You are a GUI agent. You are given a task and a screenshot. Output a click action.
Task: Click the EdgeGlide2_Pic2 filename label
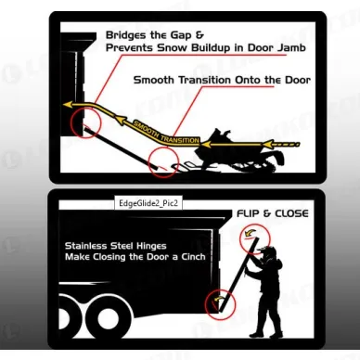coord(148,203)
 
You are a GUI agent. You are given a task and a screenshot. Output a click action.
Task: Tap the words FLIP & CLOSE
coord(273,213)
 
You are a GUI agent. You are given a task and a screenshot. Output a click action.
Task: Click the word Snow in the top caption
coord(172,48)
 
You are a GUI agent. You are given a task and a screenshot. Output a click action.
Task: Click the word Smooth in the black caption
coord(153,80)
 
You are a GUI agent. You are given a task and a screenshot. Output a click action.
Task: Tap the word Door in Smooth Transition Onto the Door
coord(298,80)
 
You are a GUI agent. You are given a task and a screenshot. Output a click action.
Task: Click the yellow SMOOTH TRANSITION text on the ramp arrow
coord(166,133)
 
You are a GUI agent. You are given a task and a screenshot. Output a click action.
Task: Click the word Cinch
coord(193,257)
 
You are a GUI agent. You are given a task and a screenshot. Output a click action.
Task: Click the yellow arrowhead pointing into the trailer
coord(68,105)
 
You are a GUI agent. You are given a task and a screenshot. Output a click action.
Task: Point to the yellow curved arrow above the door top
coord(249,233)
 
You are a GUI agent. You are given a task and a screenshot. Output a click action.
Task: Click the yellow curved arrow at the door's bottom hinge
coord(218,299)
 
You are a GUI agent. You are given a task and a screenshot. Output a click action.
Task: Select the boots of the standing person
coord(265,335)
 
